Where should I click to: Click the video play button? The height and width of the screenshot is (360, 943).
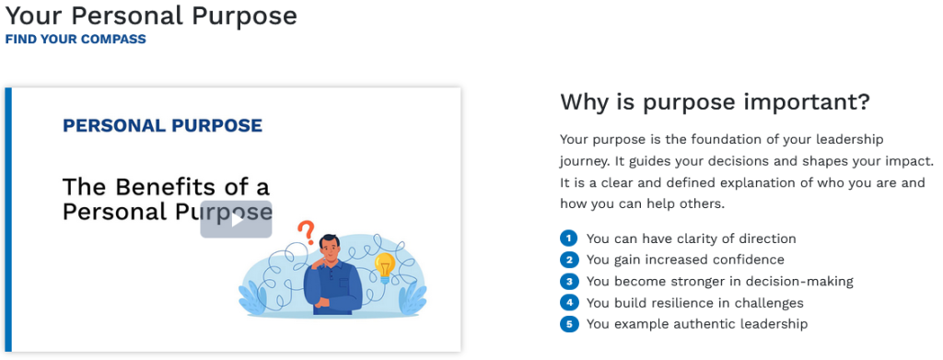[x=237, y=219]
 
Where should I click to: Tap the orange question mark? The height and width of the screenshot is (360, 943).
[x=307, y=232]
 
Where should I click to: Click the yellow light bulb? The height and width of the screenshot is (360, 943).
[x=385, y=267]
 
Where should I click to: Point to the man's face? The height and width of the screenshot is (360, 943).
[x=329, y=248]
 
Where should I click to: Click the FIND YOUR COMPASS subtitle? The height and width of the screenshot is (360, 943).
[x=76, y=39]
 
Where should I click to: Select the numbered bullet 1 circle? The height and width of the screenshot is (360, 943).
[x=568, y=238]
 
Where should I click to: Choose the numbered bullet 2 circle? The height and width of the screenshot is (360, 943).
[x=568, y=260]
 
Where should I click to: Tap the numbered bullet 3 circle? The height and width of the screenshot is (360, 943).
[x=568, y=281]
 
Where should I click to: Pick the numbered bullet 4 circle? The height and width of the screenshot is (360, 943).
[x=568, y=303]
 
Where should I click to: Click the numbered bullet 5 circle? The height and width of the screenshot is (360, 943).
[x=568, y=324]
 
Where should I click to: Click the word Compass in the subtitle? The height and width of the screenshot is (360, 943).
[x=113, y=39]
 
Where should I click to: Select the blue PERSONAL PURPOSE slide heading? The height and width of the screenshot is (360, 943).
[x=162, y=125]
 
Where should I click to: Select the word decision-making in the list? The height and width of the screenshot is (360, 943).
[x=800, y=282]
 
